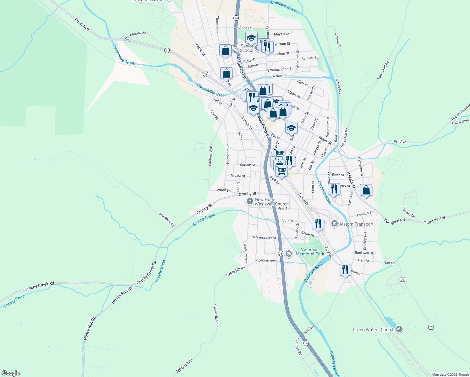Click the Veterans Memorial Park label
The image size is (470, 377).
tap(310, 252)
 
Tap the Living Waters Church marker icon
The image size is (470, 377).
tap(399, 329)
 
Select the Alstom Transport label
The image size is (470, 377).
tap(356, 224)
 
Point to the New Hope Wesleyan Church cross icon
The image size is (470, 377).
tap(250, 201)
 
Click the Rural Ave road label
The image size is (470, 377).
tap(82, 24)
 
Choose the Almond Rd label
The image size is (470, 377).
tap(138, 33)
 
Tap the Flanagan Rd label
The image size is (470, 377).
tap(167, 220)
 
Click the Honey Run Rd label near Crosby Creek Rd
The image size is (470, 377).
tap(122, 295)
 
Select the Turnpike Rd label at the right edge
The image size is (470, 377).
tap(434, 220)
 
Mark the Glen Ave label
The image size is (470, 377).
tap(399, 142)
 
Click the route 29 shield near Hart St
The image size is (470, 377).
tap(402, 279)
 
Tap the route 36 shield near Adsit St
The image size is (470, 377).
tap(236, 18)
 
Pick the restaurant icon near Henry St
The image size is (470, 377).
tap(345, 270)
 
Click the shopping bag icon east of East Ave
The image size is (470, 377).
tap(366, 190)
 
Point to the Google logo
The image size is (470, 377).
tap(10, 373)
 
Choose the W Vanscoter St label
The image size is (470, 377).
tap(264, 238)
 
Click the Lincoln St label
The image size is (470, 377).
tap(338, 40)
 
